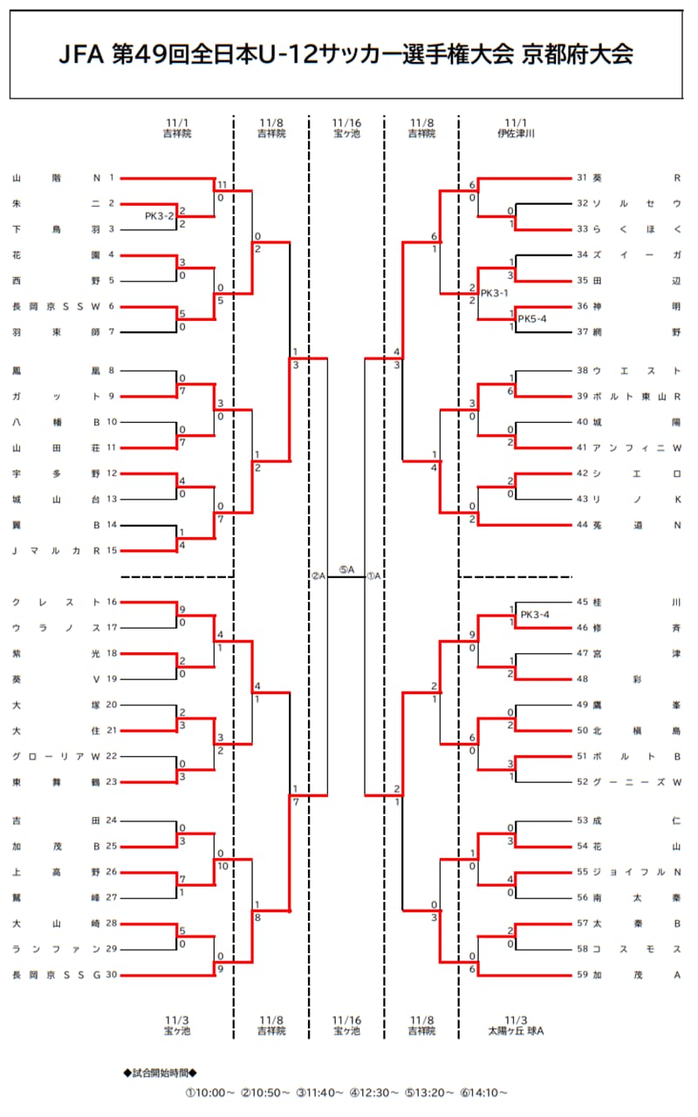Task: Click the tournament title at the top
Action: click(346, 55)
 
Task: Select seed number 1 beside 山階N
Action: click(112, 178)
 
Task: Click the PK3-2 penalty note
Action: click(160, 215)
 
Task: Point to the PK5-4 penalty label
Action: click(532, 319)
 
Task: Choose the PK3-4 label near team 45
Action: click(536, 615)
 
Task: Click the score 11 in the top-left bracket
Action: click(222, 185)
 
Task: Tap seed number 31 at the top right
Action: click(584, 178)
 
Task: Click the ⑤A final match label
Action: click(346, 570)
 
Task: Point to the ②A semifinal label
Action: click(318, 576)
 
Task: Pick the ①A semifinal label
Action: click(373, 576)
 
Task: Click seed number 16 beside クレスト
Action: click(111, 602)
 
